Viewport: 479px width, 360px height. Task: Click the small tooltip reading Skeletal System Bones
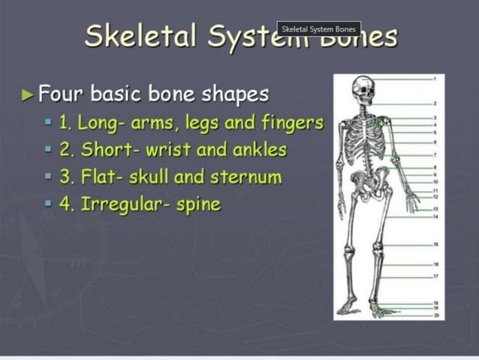[x=318, y=29]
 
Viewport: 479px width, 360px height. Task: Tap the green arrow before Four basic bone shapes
[x=29, y=95]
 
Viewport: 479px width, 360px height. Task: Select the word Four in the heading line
[x=60, y=94]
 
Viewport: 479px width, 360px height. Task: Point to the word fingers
[x=292, y=122]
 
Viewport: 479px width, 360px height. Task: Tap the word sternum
[x=252, y=177]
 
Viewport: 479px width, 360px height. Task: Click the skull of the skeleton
[x=363, y=91]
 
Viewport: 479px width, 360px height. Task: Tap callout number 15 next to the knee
[x=433, y=245]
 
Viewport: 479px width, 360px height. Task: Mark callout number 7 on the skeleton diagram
[x=433, y=153]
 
